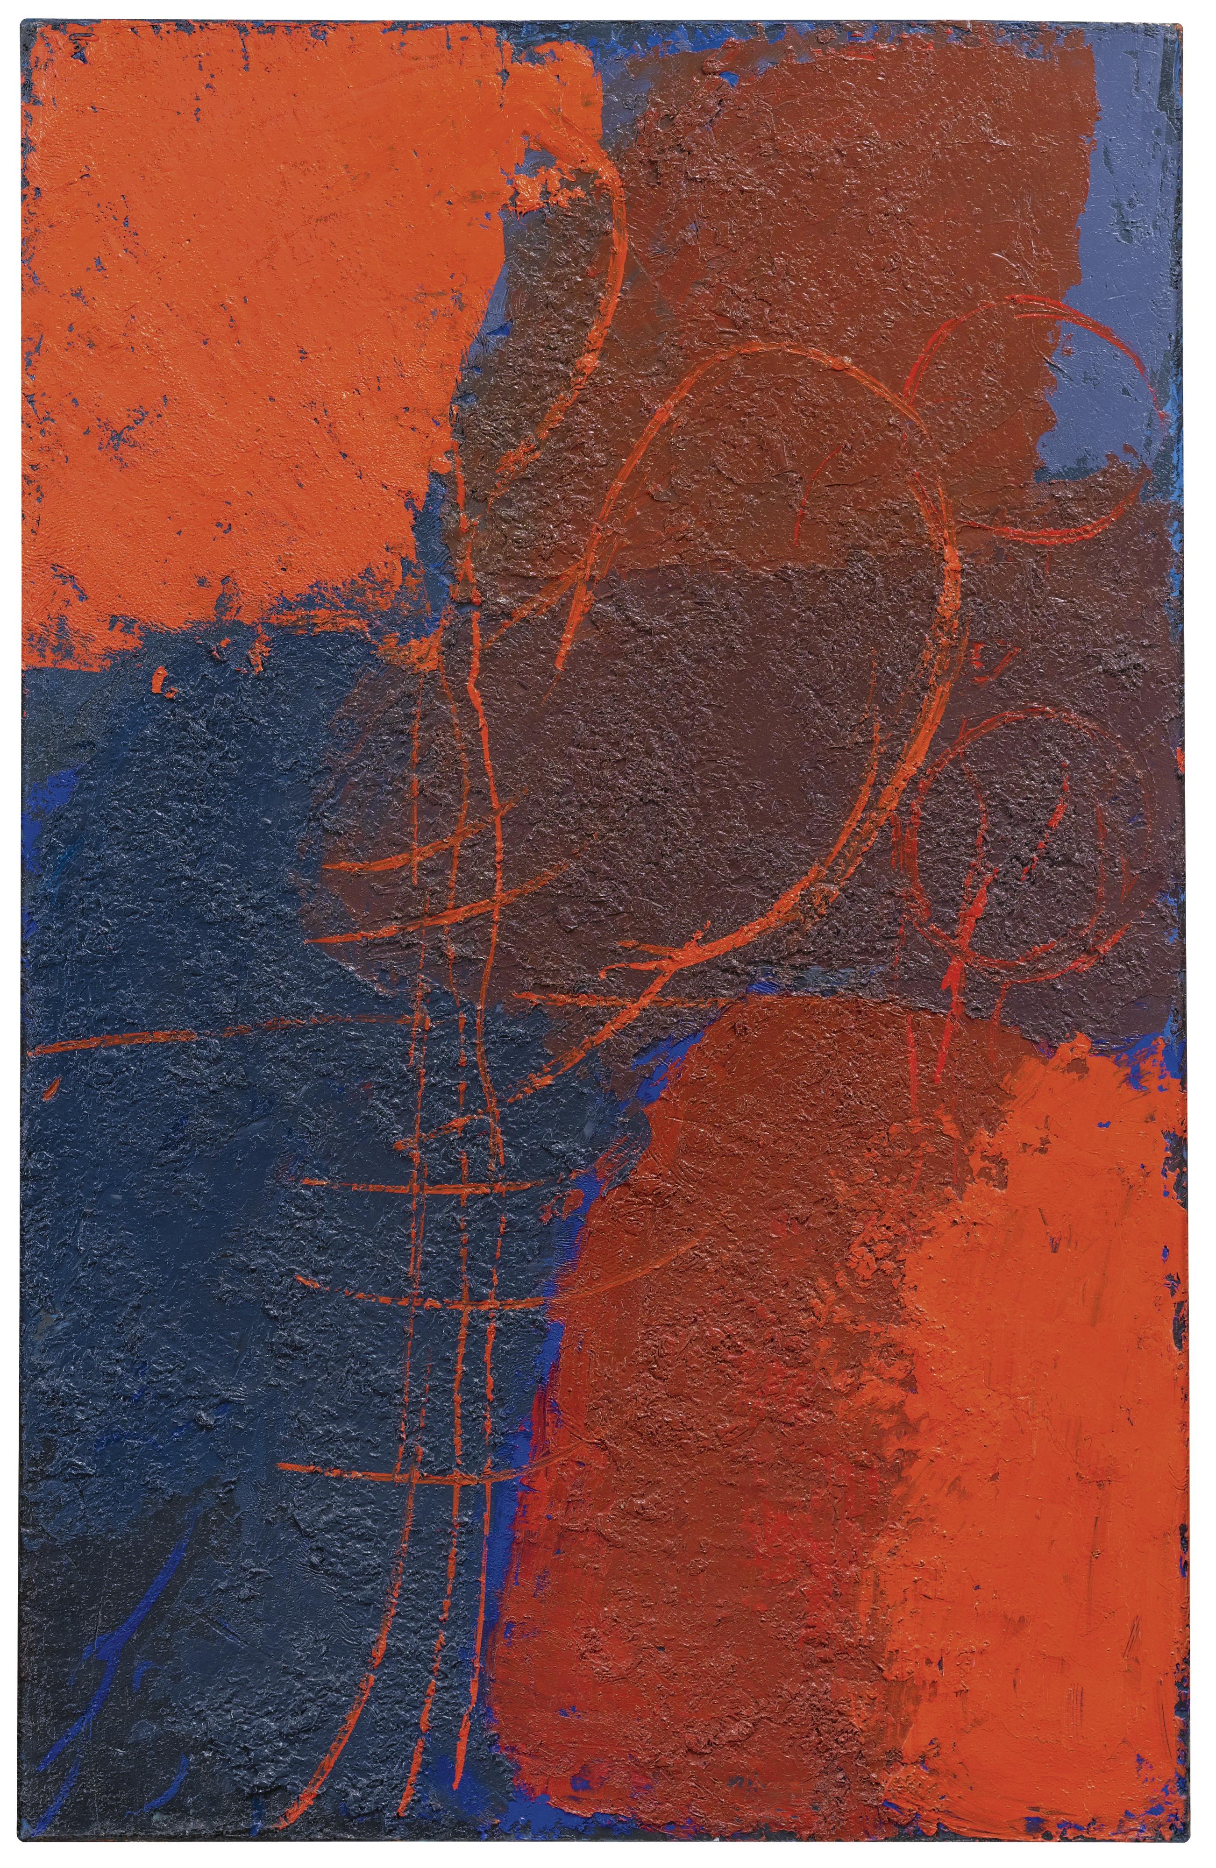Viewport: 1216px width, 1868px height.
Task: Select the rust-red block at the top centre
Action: point(824,196)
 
